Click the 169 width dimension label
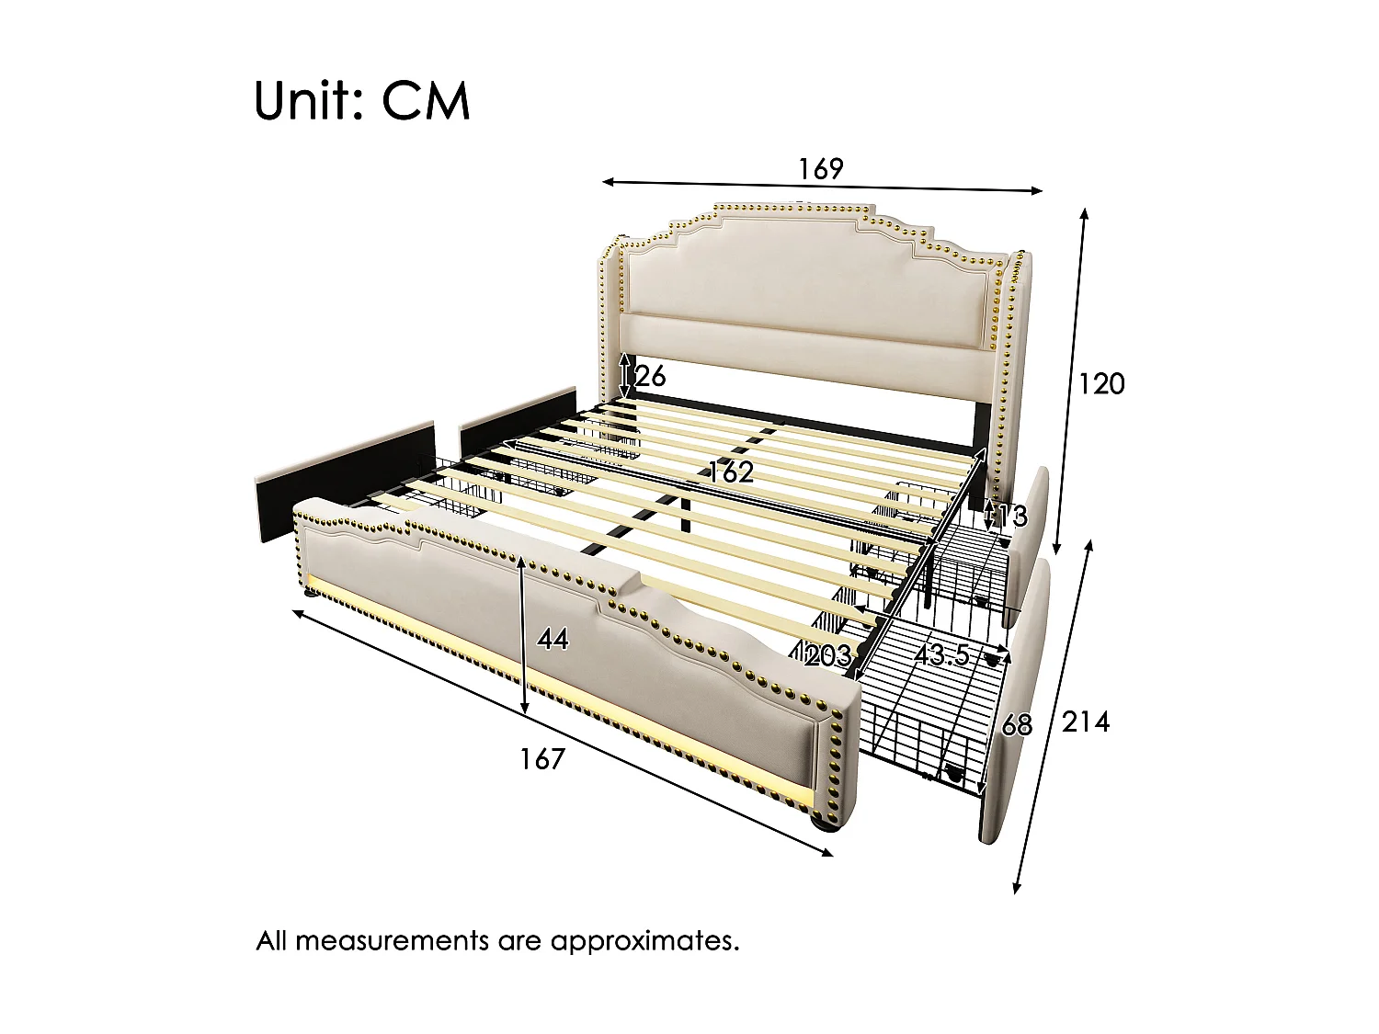(x=820, y=169)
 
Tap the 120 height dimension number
(x=1101, y=383)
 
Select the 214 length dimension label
(x=1086, y=722)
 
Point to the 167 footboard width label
(x=541, y=759)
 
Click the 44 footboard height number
(x=553, y=639)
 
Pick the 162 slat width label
(x=730, y=472)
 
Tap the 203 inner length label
(x=827, y=656)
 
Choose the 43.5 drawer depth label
(x=941, y=655)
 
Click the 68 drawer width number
(x=1017, y=726)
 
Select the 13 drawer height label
(x=1013, y=517)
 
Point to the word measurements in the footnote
(x=392, y=941)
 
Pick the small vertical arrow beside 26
(x=626, y=376)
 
